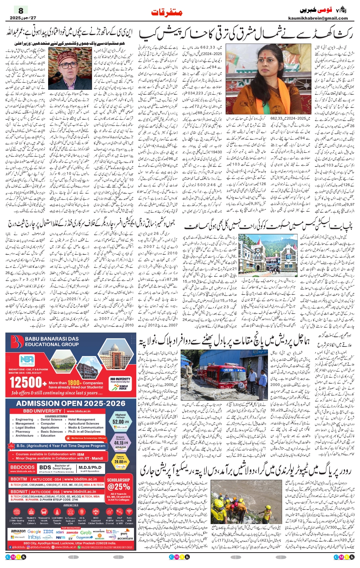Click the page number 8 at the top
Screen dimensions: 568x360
21,10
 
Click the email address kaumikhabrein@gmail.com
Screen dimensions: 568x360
318,18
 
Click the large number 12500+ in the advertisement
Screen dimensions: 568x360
25,382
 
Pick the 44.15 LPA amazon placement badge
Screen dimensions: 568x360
121,443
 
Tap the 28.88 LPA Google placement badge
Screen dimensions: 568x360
121,461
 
